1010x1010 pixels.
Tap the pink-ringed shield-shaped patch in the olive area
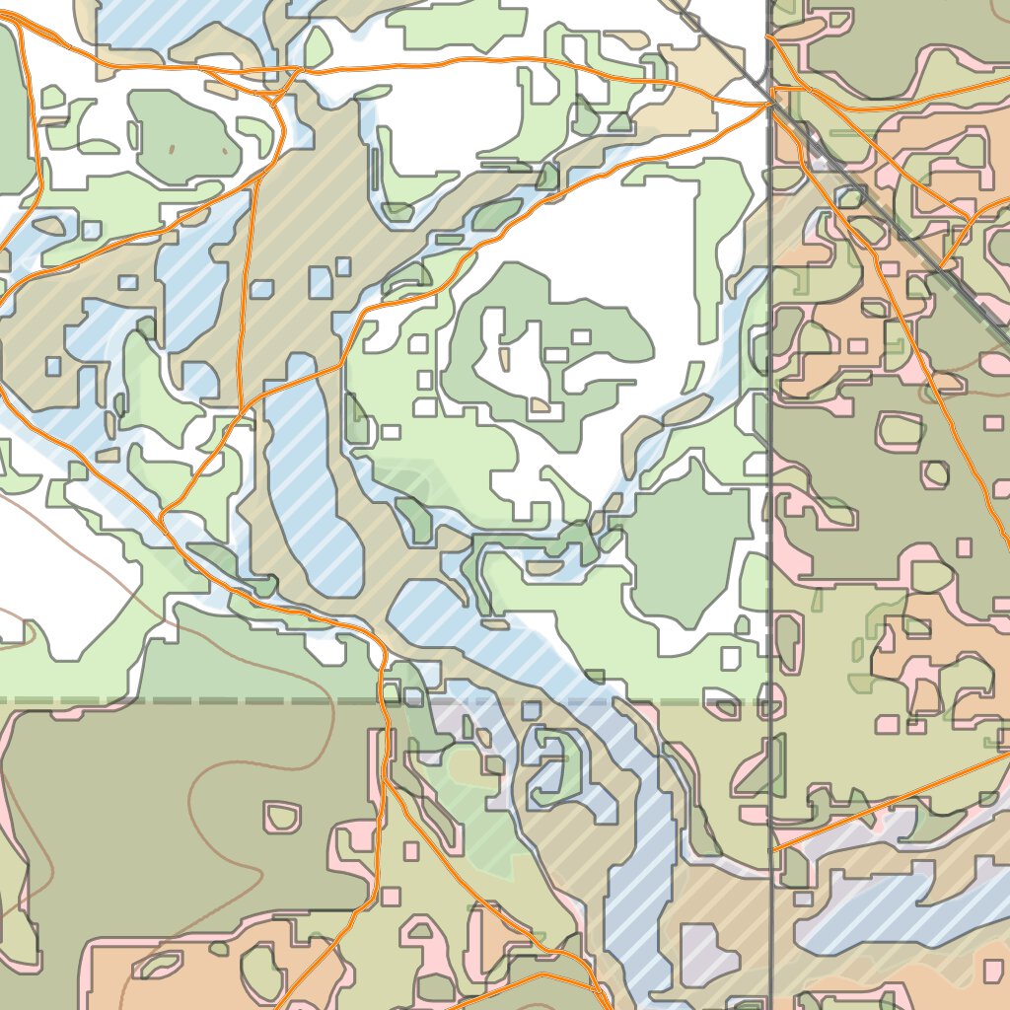[x=282, y=816]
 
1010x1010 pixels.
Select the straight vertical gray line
[x=770, y=493]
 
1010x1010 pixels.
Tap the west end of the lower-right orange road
[x=774, y=848]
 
